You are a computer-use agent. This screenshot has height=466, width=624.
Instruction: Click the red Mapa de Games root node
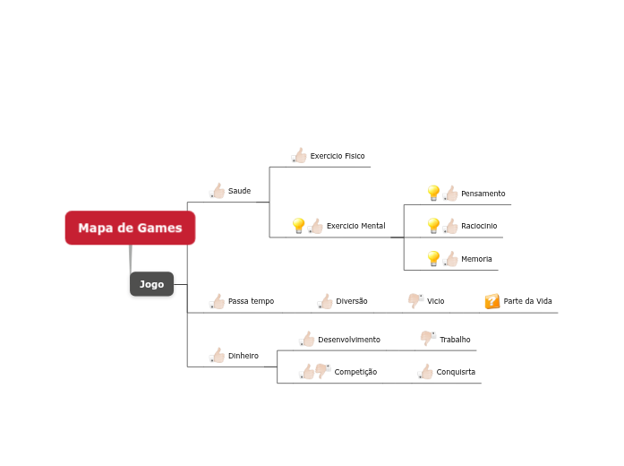tap(130, 228)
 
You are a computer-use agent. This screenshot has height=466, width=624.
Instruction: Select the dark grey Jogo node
tap(151, 284)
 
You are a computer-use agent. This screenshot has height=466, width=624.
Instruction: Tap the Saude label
tap(239, 191)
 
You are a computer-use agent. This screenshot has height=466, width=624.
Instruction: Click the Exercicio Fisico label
tap(338, 156)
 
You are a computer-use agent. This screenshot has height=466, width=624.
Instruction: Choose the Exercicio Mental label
tap(355, 226)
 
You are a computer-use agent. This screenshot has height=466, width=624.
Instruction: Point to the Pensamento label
tap(483, 194)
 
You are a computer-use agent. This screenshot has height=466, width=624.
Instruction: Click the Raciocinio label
tap(479, 226)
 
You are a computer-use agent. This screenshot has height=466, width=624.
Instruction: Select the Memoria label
tap(476, 259)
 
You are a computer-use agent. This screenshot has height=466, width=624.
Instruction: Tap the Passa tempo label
tap(251, 301)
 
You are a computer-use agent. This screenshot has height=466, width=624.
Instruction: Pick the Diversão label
tap(351, 301)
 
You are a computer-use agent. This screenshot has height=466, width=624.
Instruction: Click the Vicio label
tap(435, 301)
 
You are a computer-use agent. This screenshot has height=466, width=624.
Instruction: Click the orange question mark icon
tap(492, 301)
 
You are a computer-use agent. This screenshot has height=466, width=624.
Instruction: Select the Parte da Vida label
tap(527, 301)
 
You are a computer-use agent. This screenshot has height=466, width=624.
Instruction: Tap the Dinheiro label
tap(243, 356)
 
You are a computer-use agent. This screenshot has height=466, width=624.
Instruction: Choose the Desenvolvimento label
tap(348, 340)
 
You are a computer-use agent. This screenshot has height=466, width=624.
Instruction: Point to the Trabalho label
tap(455, 340)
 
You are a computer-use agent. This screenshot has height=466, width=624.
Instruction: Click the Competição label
tap(355, 372)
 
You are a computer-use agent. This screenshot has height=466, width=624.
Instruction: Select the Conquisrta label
tap(456, 372)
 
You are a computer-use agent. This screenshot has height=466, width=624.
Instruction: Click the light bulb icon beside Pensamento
tap(433, 193)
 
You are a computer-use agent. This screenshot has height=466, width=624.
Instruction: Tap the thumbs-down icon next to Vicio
tap(415, 300)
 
